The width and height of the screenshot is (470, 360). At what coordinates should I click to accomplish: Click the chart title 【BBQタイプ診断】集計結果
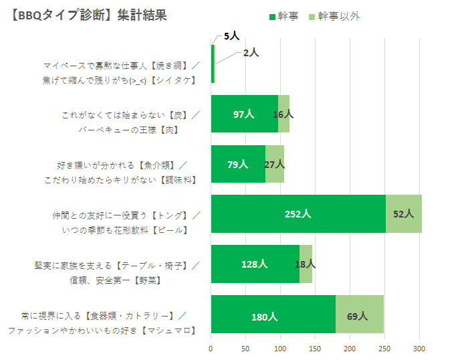pos(88,15)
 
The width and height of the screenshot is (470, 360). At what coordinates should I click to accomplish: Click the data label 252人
pos(298,214)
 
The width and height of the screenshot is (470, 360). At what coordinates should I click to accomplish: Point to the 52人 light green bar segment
pos(404,214)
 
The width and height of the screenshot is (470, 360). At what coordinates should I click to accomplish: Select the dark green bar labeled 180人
pos(273,314)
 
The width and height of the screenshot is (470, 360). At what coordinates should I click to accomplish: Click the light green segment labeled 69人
pos(359,314)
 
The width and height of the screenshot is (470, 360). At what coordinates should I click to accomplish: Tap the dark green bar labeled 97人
pos(244,114)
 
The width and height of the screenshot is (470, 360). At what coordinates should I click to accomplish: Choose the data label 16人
pos(283,114)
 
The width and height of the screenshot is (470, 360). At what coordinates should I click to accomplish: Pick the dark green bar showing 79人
pos(237,164)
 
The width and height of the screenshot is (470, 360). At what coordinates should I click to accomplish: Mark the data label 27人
pos(275,164)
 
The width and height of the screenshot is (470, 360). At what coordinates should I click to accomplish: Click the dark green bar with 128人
pos(254,264)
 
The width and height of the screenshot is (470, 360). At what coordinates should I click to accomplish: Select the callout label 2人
pos(251,52)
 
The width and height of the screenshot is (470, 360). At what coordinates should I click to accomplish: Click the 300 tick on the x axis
pos(419,349)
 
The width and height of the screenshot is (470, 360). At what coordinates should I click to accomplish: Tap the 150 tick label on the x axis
pos(315,349)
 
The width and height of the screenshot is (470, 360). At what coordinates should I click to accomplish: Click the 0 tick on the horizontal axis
pos(211,349)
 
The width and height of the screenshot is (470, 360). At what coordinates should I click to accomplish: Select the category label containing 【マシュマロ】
pos(102,331)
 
